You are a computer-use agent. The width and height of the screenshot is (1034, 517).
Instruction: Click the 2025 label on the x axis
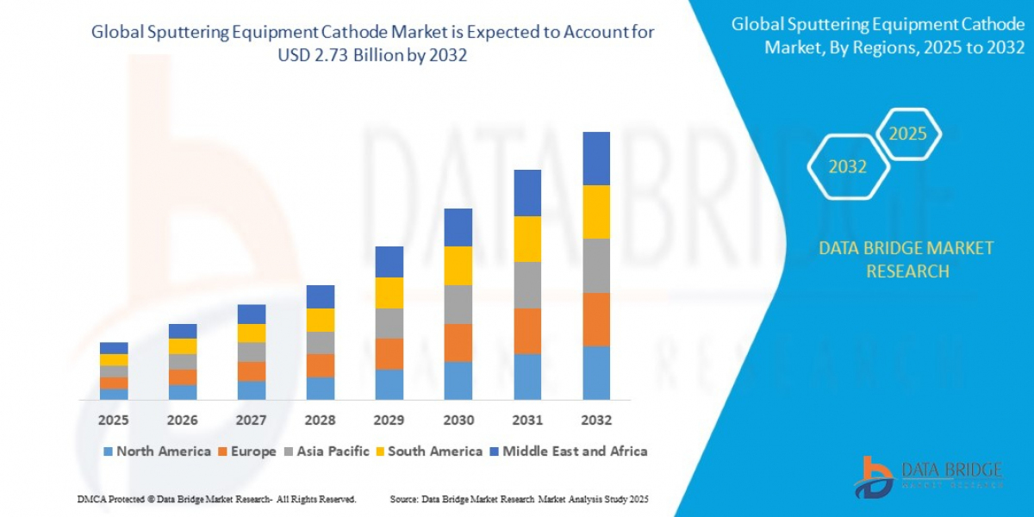coord(113,420)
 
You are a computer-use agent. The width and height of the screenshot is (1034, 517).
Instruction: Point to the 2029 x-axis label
coord(389,420)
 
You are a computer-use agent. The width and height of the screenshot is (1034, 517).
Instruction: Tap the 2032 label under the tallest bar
coord(595,420)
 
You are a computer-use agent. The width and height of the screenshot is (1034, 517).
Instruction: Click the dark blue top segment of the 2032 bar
coord(596,159)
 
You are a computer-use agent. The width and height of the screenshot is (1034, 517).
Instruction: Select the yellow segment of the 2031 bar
coord(527,239)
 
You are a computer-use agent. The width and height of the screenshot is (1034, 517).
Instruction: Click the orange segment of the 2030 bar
coord(458,342)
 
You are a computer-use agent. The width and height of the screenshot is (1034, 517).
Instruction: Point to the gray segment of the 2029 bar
coord(389,323)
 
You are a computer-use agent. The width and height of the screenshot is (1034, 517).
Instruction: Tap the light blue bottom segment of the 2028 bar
coord(321,389)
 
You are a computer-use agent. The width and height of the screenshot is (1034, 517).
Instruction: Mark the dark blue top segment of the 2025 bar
coord(114,348)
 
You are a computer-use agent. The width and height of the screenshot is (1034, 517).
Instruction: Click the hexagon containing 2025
coord(908,134)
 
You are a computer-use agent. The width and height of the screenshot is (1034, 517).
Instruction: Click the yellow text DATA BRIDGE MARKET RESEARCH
coord(906,259)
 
